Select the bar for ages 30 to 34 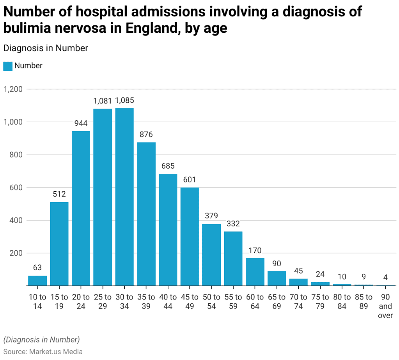[x=124, y=197]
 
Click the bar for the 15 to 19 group [x=59, y=244]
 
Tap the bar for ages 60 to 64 [x=255, y=272]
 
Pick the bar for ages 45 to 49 [x=190, y=237]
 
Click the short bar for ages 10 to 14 [x=37, y=281]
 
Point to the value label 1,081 [x=103, y=101]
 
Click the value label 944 [x=81, y=123]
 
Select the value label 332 [x=233, y=224]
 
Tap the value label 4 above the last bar [x=385, y=278]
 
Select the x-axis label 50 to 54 [x=211, y=301]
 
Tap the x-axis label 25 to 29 [x=103, y=301]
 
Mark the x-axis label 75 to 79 [x=320, y=301]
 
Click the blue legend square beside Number [x=8, y=66]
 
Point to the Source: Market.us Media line [x=43, y=351]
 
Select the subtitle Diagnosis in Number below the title [x=46, y=48]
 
